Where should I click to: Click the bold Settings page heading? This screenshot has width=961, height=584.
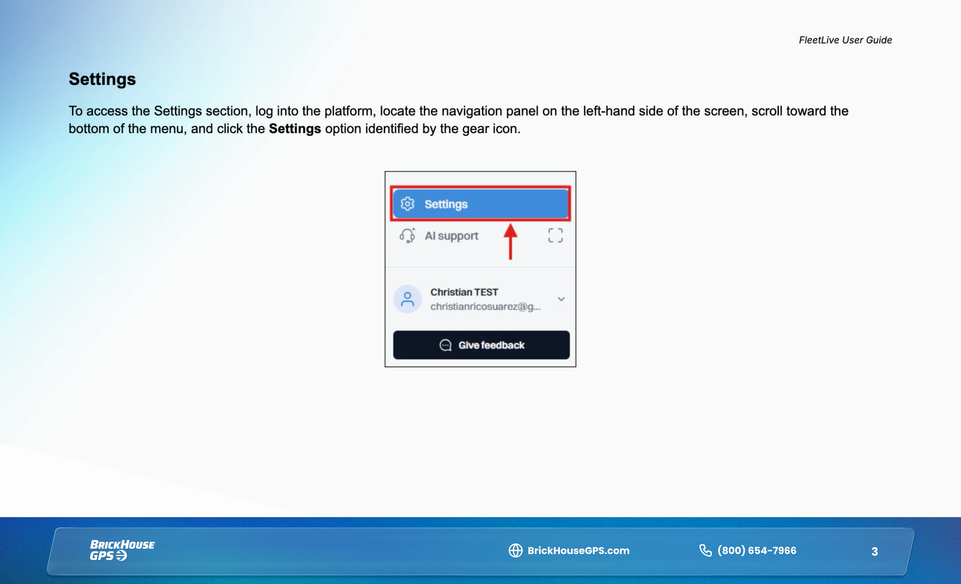pos(102,79)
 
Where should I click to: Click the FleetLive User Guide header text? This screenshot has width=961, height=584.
pos(845,40)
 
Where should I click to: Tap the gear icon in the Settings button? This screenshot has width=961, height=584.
pos(407,204)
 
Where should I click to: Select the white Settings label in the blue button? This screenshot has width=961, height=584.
pos(446,204)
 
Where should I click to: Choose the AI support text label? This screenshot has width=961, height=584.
pos(451,236)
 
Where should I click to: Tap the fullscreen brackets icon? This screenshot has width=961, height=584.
pos(555,235)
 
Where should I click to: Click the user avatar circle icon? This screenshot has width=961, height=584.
pos(407,299)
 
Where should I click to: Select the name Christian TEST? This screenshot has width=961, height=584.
pos(464,292)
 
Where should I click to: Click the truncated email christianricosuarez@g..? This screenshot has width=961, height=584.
pos(485,306)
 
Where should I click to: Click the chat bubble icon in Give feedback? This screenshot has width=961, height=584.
pos(445,345)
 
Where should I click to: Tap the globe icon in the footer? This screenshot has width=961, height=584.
pos(515,550)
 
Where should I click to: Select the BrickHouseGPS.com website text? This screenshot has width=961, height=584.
pos(578,550)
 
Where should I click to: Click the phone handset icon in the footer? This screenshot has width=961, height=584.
pos(705,550)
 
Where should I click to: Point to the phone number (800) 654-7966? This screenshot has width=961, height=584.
pos(757,550)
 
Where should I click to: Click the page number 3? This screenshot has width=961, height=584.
pos(874,551)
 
